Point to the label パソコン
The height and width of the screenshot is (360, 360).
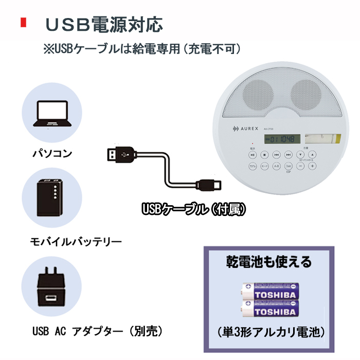pos(52,153)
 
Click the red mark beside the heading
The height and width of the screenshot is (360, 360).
pos(23,23)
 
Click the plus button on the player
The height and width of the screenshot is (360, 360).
pos(313,166)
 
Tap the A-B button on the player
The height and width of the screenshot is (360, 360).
pos(276,166)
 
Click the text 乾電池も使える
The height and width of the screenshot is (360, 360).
pos(269,262)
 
